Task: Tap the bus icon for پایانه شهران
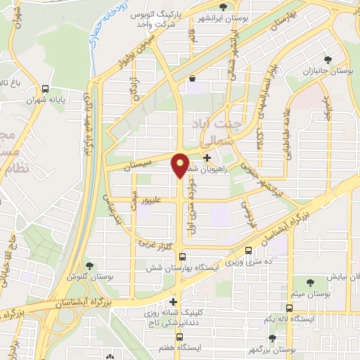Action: tap(46, 89)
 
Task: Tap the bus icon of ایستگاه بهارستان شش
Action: tap(182, 257)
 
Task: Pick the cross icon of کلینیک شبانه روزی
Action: tap(174, 302)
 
